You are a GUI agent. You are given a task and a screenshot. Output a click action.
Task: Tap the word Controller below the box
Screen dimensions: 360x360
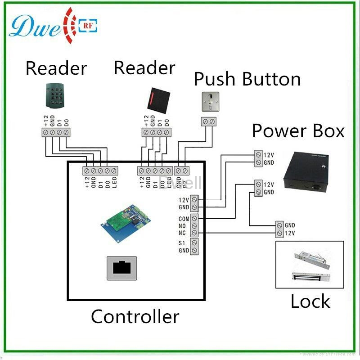pyautogui.click(x=135, y=316)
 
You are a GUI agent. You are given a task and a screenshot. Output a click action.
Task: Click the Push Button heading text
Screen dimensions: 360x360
pyautogui.click(x=247, y=79)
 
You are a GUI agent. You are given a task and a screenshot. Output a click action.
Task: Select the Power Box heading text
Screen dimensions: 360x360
pyautogui.click(x=298, y=131)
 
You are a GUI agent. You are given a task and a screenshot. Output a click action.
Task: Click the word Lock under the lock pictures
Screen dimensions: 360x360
pyautogui.click(x=310, y=301)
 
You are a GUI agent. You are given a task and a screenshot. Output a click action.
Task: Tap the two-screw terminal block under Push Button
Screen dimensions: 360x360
pyautogui.click(x=208, y=121)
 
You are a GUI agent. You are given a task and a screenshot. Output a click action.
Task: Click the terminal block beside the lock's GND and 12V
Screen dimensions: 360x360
pyautogui.click(x=279, y=229)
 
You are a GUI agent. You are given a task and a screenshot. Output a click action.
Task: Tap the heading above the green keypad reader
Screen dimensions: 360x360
pyautogui.click(x=56, y=68)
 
